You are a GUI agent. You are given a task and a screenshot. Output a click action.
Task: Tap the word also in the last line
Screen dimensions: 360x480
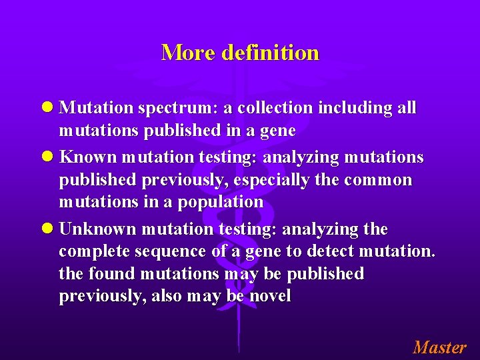tap(170, 296)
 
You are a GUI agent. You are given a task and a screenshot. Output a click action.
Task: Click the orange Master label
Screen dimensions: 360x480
tap(439, 347)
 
